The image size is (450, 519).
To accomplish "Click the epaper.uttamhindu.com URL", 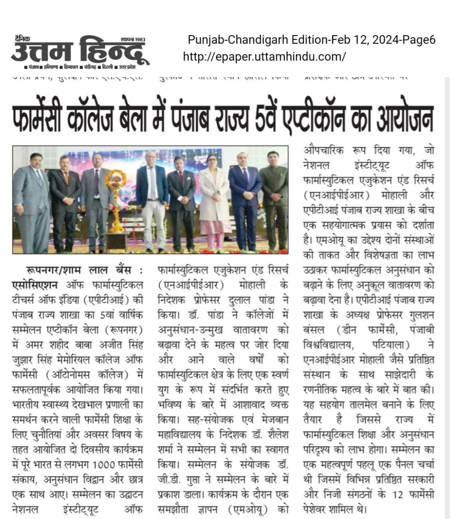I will (x=265, y=56).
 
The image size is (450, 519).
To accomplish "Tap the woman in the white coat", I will (x=214, y=199).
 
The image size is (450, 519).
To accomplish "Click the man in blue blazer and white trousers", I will (x=152, y=199).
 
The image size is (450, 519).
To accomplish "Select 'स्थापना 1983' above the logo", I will (x=133, y=39).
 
